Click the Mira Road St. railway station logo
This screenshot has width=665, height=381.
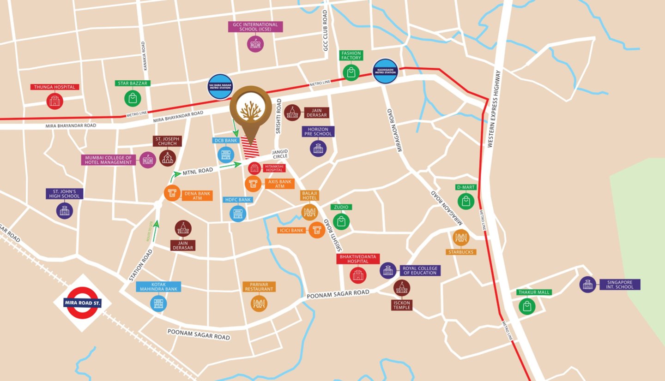(x=82, y=303)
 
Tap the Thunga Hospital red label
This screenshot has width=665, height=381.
(x=54, y=87)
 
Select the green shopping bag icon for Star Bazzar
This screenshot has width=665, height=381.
(x=133, y=98)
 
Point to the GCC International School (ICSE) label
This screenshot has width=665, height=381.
(x=255, y=27)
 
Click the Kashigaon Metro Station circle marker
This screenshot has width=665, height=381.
(x=386, y=71)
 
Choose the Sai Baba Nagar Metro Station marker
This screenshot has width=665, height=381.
(x=220, y=87)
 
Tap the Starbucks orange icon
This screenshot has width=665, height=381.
(x=460, y=238)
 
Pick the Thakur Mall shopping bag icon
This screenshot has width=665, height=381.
(x=526, y=306)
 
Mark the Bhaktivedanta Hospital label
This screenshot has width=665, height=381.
(x=358, y=258)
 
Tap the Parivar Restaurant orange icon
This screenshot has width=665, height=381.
(x=259, y=303)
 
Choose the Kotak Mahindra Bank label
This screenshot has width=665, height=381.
(x=158, y=286)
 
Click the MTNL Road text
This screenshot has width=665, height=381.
(x=198, y=171)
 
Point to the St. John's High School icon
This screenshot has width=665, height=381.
(x=65, y=210)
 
